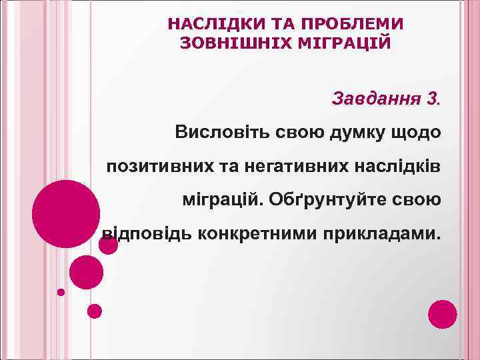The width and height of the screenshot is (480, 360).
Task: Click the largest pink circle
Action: click(x=67, y=213)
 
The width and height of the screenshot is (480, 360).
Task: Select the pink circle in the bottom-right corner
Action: click(x=443, y=314)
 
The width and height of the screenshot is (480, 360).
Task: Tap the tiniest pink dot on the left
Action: click(x=61, y=292)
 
